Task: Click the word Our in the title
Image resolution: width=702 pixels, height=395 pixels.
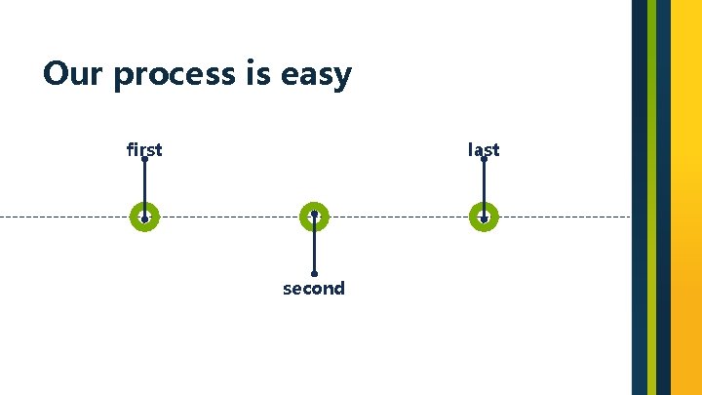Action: click(x=73, y=73)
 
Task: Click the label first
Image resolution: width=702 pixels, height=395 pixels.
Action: click(x=144, y=149)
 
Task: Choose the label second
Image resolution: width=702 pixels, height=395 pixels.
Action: click(x=314, y=289)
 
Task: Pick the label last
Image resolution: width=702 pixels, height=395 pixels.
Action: click(x=484, y=149)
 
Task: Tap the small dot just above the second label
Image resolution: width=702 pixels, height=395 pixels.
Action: click(x=314, y=274)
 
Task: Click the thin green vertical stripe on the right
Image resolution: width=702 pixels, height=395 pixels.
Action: click(x=651, y=195)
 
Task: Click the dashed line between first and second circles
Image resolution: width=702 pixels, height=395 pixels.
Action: click(x=229, y=217)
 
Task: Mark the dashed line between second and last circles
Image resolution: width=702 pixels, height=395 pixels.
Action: click(x=400, y=217)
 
